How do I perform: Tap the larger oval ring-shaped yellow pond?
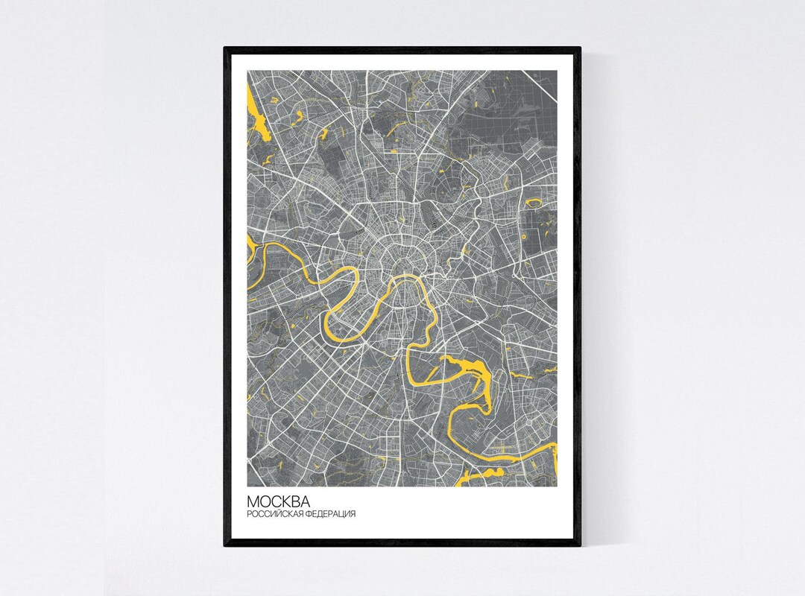pyautogui.click(x=534, y=202)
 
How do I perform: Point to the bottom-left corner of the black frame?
pyautogui.click(x=225, y=545)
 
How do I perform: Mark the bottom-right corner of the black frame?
pyautogui.click(x=579, y=545)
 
